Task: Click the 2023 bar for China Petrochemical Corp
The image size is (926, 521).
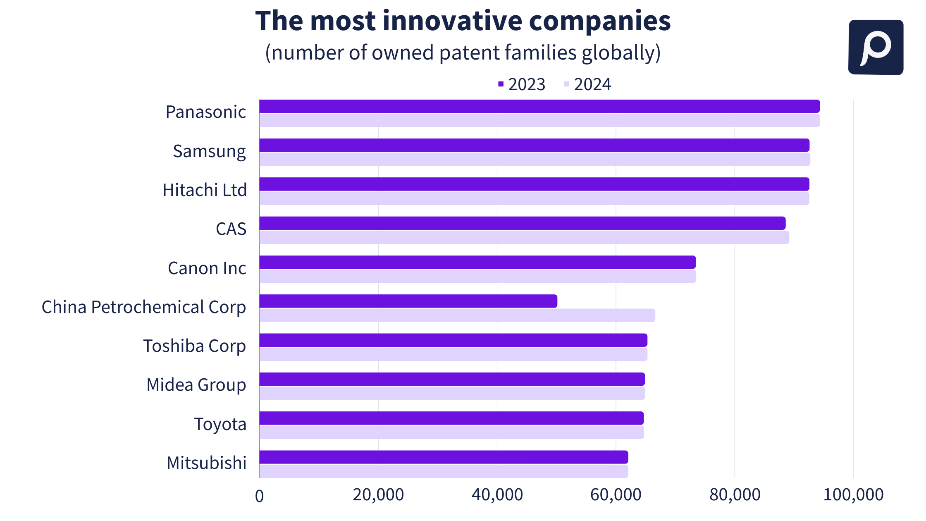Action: tap(408, 301)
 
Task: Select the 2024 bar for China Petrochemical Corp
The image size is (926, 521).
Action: tap(457, 315)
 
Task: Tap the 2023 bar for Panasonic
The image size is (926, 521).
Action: tap(539, 106)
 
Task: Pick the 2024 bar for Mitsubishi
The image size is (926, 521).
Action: tap(443, 471)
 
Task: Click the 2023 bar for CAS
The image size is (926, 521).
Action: tap(522, 223)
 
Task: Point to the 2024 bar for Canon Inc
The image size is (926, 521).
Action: tap(477, 277)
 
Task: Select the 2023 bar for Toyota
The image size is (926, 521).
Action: tap(451, 418)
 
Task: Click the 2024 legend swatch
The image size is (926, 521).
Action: tap(566, 84)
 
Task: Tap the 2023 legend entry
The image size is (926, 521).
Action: tap(522, 84)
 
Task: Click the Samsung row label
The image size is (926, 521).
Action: tap(209, 151)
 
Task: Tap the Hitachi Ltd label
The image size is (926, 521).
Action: tap(205, 190)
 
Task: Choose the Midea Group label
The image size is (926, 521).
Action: tap(196, 385)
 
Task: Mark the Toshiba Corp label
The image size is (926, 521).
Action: tap(194, 346)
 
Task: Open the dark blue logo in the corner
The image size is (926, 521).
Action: tap(876, 47)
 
